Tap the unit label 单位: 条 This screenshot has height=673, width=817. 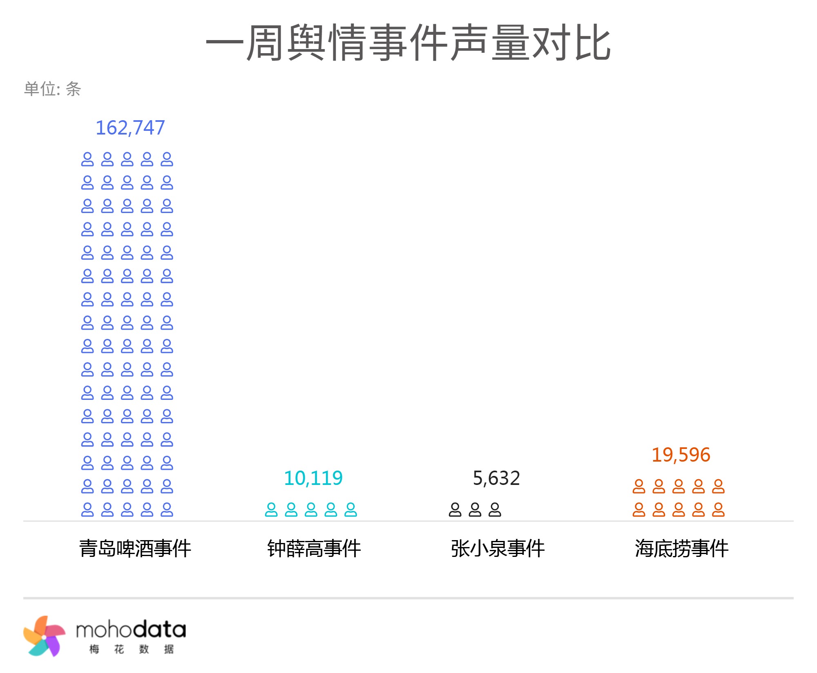(52, 89)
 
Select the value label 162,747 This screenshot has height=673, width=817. (130, 128)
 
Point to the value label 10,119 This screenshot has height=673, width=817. (313, 478)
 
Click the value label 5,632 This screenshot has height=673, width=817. (496, 478)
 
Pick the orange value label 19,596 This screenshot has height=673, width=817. (681, 455)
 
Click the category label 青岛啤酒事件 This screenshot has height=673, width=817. (135, 548)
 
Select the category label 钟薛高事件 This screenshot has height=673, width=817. (314, 548)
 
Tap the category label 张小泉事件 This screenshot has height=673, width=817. (498, 548)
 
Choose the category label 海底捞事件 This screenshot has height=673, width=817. (681, 548)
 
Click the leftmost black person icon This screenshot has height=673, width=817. (455, 510)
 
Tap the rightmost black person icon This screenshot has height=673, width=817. (495, 510)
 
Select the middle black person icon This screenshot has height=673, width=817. (475, 510)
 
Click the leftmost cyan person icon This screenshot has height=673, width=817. (271, 510)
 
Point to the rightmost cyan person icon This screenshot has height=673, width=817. (351, 510)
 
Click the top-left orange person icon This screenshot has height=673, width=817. (639, 487)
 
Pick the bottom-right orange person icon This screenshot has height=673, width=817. (718, 510)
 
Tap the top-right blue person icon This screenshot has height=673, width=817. (167, 159)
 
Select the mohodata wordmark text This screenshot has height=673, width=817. (131, 630)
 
